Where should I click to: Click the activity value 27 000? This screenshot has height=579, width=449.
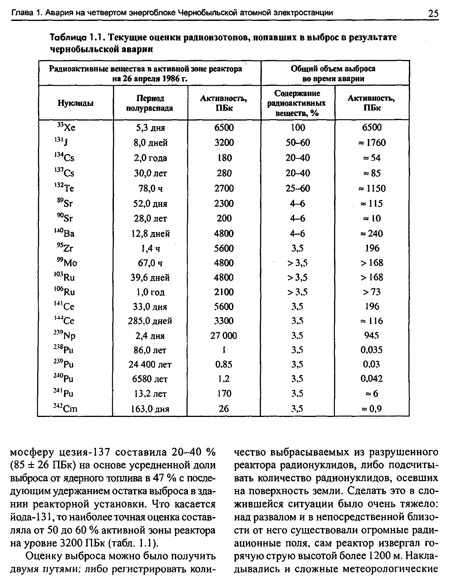(x=224, y=336)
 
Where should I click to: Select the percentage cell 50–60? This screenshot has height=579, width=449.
(x=298, y=143)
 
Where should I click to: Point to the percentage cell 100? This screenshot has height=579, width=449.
(x=298, y=127)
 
